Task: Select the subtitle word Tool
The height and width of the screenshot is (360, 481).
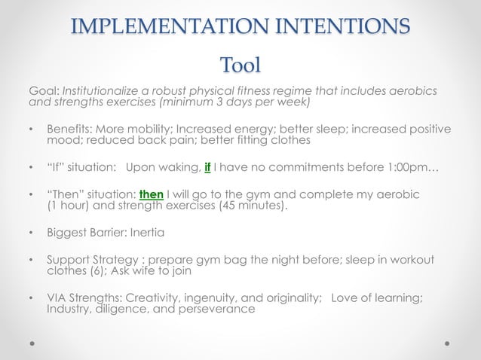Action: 240,65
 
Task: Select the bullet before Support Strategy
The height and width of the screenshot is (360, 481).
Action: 31,261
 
